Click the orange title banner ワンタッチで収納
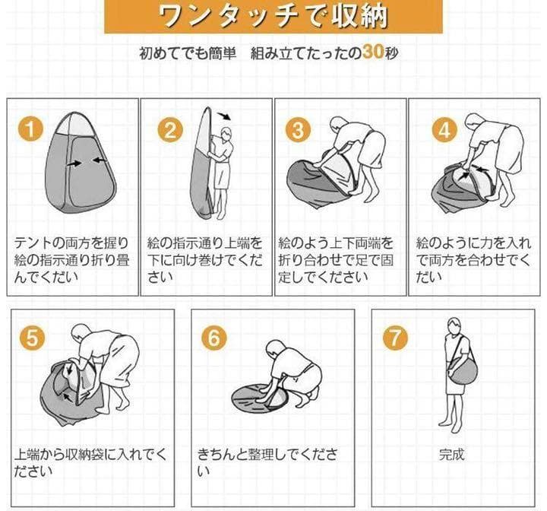273,17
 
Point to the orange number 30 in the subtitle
373,53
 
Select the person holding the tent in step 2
221,171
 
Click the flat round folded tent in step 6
261,393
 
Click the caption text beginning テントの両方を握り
73,259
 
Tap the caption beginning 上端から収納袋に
90,462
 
